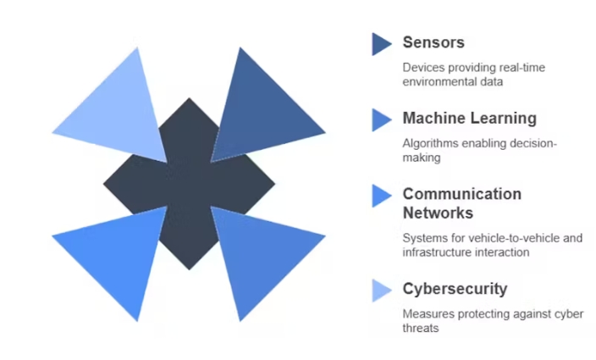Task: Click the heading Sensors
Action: pos(433,42)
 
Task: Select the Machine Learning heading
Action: pos(469,119)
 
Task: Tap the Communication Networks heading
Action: pos(461,203)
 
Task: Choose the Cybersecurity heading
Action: pos(455,289)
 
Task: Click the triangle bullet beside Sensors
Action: pos(381,43)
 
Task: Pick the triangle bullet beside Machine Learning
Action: pos(381,119)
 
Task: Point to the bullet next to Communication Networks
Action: pos(381,196)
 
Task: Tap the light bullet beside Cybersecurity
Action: pos(381,290)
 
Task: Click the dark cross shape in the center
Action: pos(189,183)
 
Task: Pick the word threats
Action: pos(421,328)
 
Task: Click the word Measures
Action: pos(428,314)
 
